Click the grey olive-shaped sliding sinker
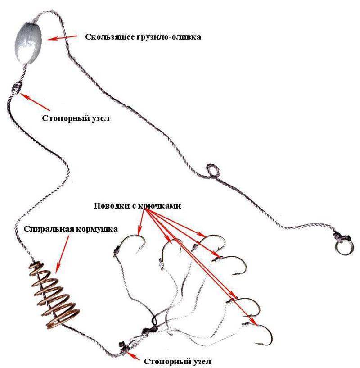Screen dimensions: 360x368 point(28,44)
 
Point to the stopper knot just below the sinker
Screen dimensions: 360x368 point(18,88)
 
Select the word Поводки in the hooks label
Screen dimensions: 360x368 point(112,206)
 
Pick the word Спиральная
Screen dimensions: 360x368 point(48,229)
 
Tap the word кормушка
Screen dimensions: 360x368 point(96,229)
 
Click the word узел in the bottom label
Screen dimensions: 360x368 point(202,361)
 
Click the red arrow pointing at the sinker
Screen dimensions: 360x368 point(62,37)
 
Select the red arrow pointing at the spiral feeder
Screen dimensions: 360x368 point(63,254)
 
